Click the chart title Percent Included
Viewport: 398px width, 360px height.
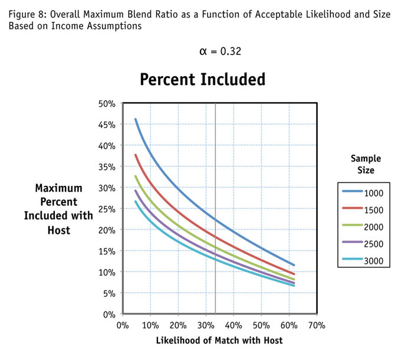coord(202,80)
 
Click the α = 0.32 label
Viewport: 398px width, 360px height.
coord(221,51)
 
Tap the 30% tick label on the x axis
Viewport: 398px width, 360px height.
coord(205,325)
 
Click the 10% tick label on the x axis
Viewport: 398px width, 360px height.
coord(150,325)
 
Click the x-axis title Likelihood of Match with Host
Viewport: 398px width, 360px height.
coord(219,341)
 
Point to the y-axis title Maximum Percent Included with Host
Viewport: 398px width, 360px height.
coord(58,209)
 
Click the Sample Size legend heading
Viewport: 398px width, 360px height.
coord(366,164)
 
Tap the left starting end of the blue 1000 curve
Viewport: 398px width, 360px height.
coord(136,119)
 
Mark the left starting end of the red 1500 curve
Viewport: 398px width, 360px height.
coord(136,155)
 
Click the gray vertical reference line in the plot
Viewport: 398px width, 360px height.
coord(215,177)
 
